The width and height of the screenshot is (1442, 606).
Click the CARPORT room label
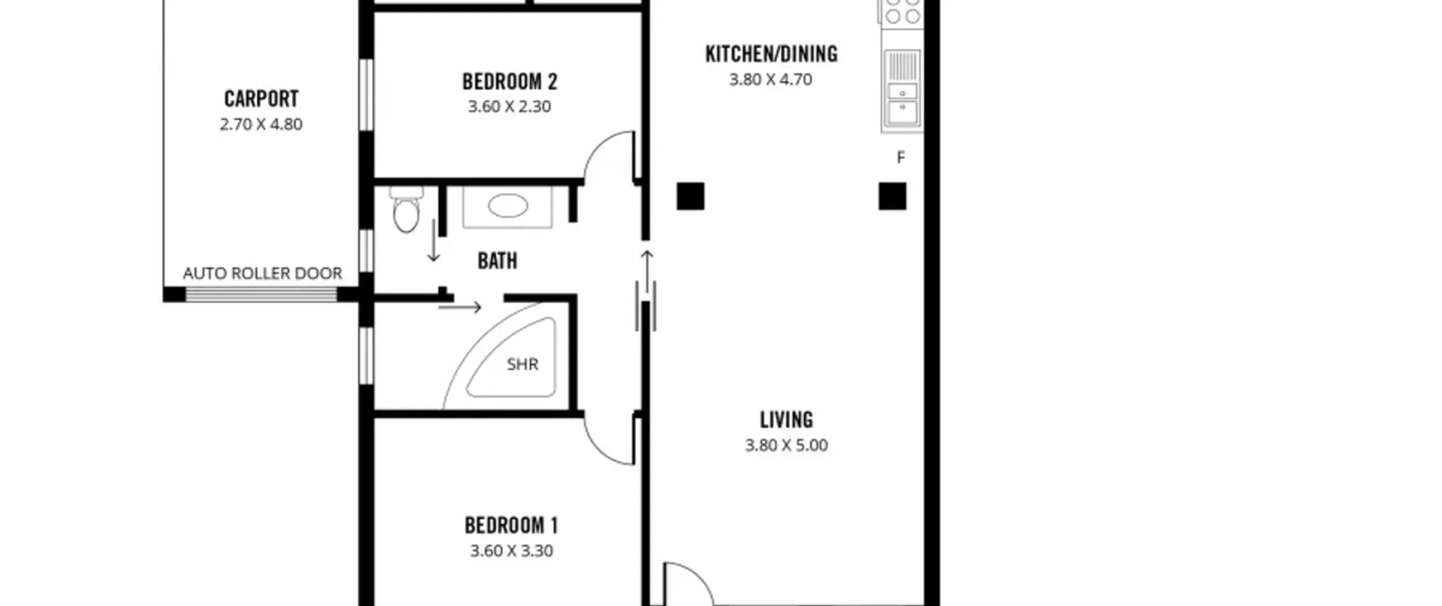(x=261, y=99)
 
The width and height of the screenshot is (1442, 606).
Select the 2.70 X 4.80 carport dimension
(x=261, y=124)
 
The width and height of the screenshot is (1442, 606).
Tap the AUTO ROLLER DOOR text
(x=262, y=273)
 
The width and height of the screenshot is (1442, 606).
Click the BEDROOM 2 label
(x=510, y=82)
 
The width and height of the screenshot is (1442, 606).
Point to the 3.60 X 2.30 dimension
(x=509, y=107)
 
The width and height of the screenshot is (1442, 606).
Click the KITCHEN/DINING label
(x=771, y=54)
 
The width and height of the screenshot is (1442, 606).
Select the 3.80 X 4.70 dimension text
(x=771, y=79)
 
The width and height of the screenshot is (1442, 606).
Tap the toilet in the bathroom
(x=406, y=209)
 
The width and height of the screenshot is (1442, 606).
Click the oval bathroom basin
(x=508, y=206)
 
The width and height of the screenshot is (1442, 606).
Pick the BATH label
(x=497, y=261)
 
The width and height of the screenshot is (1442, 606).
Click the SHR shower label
(x=523, y=364)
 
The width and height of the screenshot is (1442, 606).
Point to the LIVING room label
(x=786, y=420)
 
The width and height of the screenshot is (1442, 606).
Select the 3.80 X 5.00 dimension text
(x=786, y=445)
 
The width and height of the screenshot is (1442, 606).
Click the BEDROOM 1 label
(x=511, y=526)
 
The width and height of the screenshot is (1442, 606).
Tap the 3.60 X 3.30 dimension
(x=511, y=551)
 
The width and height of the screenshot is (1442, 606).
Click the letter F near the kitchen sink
(x=901, y=158)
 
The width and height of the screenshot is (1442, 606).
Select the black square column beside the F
(x=892, y=196)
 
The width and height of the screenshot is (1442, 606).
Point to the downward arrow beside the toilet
(x=433, y=241)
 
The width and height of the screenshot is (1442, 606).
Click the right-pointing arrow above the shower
(x=460, y=307)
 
